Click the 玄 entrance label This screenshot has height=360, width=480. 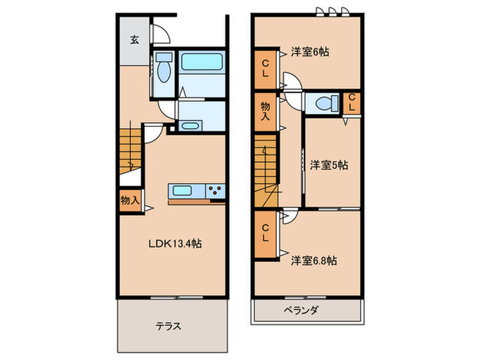click(x=134, y=39)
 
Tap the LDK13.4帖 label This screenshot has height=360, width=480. click(x=176, y=243)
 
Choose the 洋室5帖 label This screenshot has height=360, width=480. click(x=328, y=165)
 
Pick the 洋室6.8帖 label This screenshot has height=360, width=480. click(x=313, y=260)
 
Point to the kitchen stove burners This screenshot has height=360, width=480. click(x=215, y=191)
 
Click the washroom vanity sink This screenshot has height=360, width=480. click(x=190, y=125)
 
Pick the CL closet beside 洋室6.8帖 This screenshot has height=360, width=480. click(x=265, y=234)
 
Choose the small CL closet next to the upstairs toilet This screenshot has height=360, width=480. click(x=352, y=103)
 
